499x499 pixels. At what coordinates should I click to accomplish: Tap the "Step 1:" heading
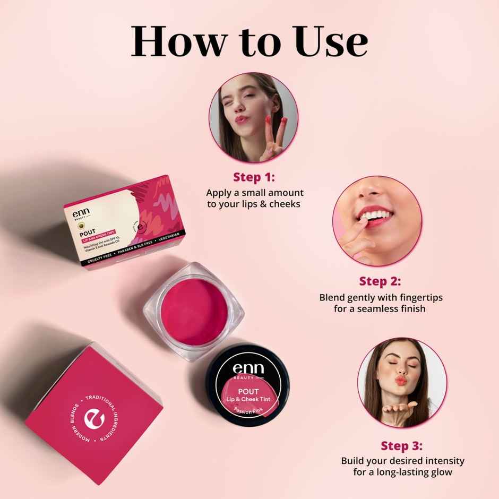coord(254,177)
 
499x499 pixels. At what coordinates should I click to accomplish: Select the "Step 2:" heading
coord(380,280)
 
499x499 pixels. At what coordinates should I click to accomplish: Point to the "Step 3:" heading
coord(402,445)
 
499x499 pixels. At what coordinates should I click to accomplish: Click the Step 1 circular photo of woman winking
coord(253,117)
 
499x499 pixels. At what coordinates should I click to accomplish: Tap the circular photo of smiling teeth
coord(377,221)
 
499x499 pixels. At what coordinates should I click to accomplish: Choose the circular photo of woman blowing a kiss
coord(402,382)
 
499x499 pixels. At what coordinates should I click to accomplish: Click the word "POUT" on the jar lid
coord(245,392)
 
